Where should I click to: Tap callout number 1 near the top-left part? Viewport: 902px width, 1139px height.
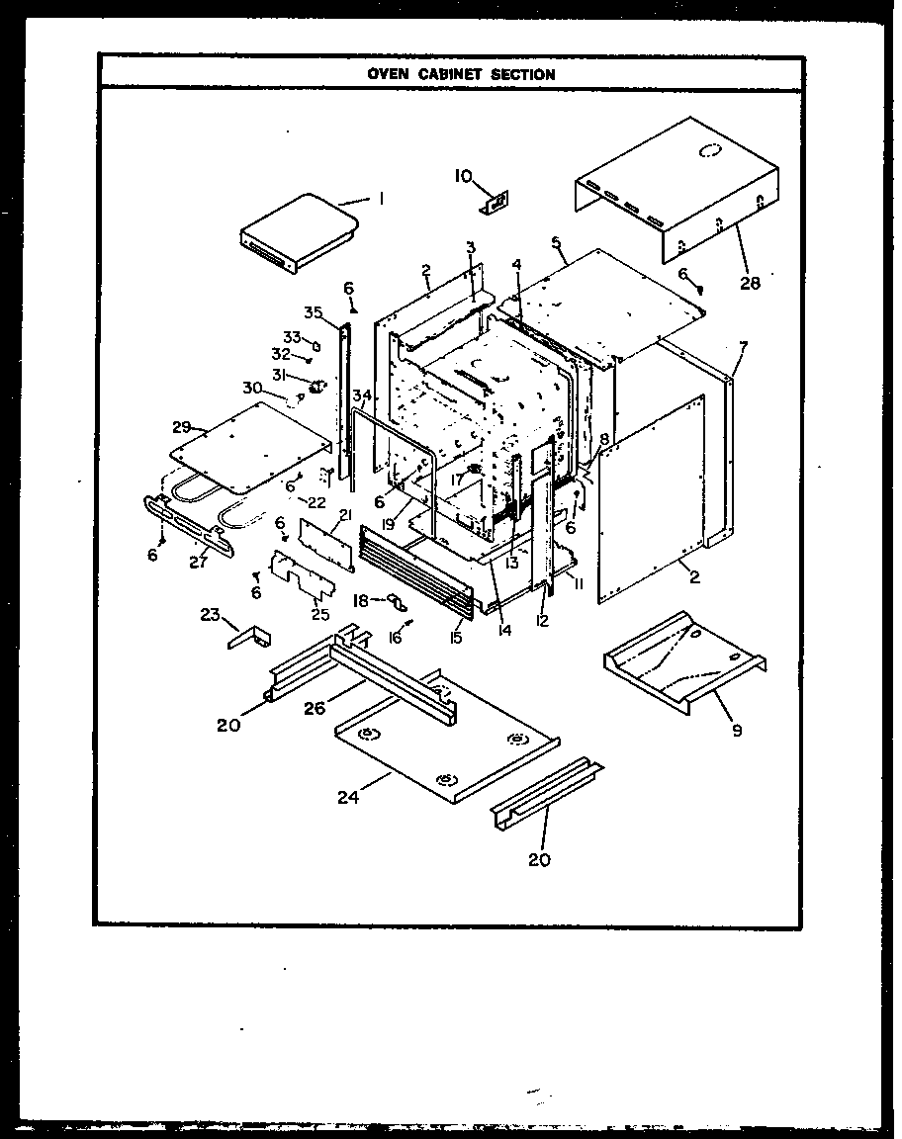pyautogui.click(x=381, y=199)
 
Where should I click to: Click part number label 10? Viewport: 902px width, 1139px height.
pyautogui.click(x=463, y=176)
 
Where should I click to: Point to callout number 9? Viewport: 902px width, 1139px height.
pyautogui.click(x=737, y=731)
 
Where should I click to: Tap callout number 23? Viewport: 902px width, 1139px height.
pyautogui.click(x=209, y=614)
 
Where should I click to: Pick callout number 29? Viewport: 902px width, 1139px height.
pyautogui.click(x=181, y=427)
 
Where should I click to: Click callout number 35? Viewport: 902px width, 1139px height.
pyautogui.click(x=314, y=313)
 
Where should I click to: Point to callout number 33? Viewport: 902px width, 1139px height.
pyautogui.click(x=292, y=337)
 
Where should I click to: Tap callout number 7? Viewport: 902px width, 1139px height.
pyautogui.click(x=743, y=345)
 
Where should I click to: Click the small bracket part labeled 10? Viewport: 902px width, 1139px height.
pyautogui.click(x=495, y=202)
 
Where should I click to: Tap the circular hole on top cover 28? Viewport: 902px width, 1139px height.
pyautogui.click(x=709, y=151)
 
